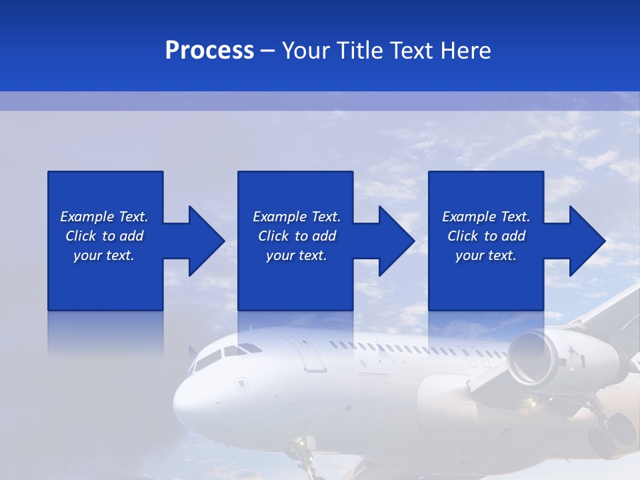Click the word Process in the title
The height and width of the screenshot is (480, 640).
click(209, 51)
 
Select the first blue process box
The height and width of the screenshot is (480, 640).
click(105, 280)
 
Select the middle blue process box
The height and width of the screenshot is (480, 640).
click(295, 280)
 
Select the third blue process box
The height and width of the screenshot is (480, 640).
click(485, 280)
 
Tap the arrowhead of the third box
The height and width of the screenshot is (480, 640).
click(586, 241)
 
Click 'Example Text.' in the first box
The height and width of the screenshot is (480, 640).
click(104, 217)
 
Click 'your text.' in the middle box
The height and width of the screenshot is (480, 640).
click(296, 255)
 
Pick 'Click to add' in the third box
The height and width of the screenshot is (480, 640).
click(486, 236)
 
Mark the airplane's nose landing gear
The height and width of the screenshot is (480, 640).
click(304, 453)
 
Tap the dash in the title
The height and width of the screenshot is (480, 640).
click(267, 51)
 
